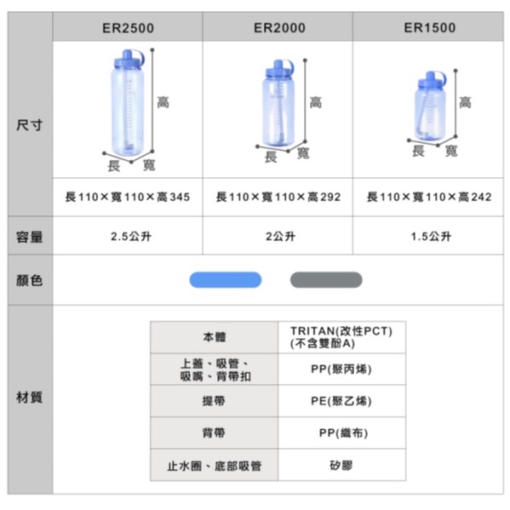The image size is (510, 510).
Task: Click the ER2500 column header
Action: coord(128,28)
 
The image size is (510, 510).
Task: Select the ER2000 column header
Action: coord(279,28)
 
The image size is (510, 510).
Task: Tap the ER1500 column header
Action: coord(430,28)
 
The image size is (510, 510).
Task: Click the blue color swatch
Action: coord(226,280)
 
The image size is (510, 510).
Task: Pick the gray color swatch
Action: coord(326,280)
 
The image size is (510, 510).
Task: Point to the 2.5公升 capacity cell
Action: coord(131,237)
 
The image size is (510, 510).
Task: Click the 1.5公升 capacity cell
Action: coord(431,237)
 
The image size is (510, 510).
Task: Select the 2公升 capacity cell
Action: coord(280,237)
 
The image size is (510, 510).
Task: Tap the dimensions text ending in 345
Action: coord(128,197)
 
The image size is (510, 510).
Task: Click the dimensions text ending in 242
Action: coord(429,197)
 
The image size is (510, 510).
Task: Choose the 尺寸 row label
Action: coord(29,125)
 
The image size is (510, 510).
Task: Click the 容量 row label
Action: coord(29,237)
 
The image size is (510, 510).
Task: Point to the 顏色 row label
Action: coord(29,280)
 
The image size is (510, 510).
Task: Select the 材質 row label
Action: coord(29,397)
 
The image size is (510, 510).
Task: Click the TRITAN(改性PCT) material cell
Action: coord(341,337)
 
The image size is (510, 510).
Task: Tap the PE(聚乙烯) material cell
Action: coord(341,401)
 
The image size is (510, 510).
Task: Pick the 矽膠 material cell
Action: coord(341,466)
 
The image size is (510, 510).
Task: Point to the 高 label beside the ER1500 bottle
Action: coord(465,102)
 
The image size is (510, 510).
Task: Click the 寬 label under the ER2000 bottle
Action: coord(303,153)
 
